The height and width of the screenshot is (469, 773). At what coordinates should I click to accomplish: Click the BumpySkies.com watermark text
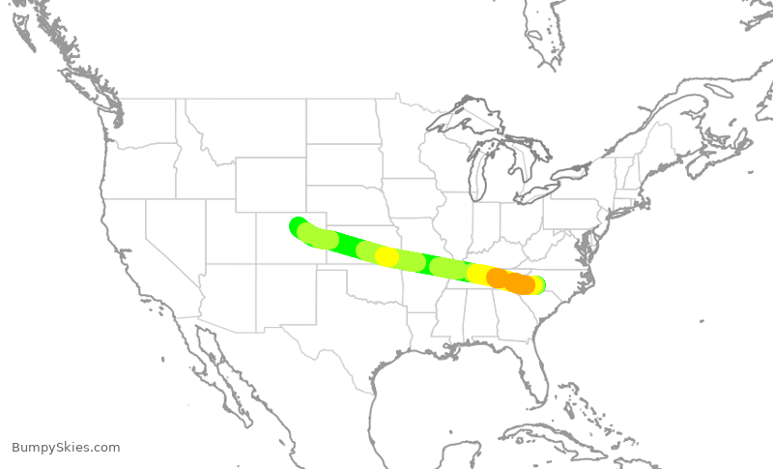point(66,447)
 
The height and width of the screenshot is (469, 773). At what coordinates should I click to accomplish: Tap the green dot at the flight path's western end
point(298,225)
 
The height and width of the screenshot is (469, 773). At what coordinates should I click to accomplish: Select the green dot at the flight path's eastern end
point(538,285)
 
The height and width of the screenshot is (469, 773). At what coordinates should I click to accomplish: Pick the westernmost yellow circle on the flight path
point(386,256)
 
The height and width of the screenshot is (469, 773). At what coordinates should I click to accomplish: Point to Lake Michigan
point(479,174)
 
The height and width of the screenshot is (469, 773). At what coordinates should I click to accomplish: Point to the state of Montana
point(242,126)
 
